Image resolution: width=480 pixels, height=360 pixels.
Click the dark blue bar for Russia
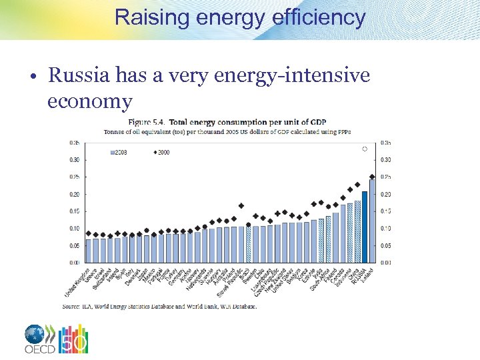point(365,227)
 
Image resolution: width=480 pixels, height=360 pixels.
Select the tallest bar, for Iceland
point(372,221)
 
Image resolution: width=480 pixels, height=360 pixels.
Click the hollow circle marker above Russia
point(365,149)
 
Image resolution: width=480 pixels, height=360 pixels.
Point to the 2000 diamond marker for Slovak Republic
point(241,206)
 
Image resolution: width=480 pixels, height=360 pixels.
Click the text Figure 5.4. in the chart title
point(147,122)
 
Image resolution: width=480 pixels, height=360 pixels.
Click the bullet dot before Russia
point(33,77)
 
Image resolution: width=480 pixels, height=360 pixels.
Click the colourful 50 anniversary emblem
point(73,339)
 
